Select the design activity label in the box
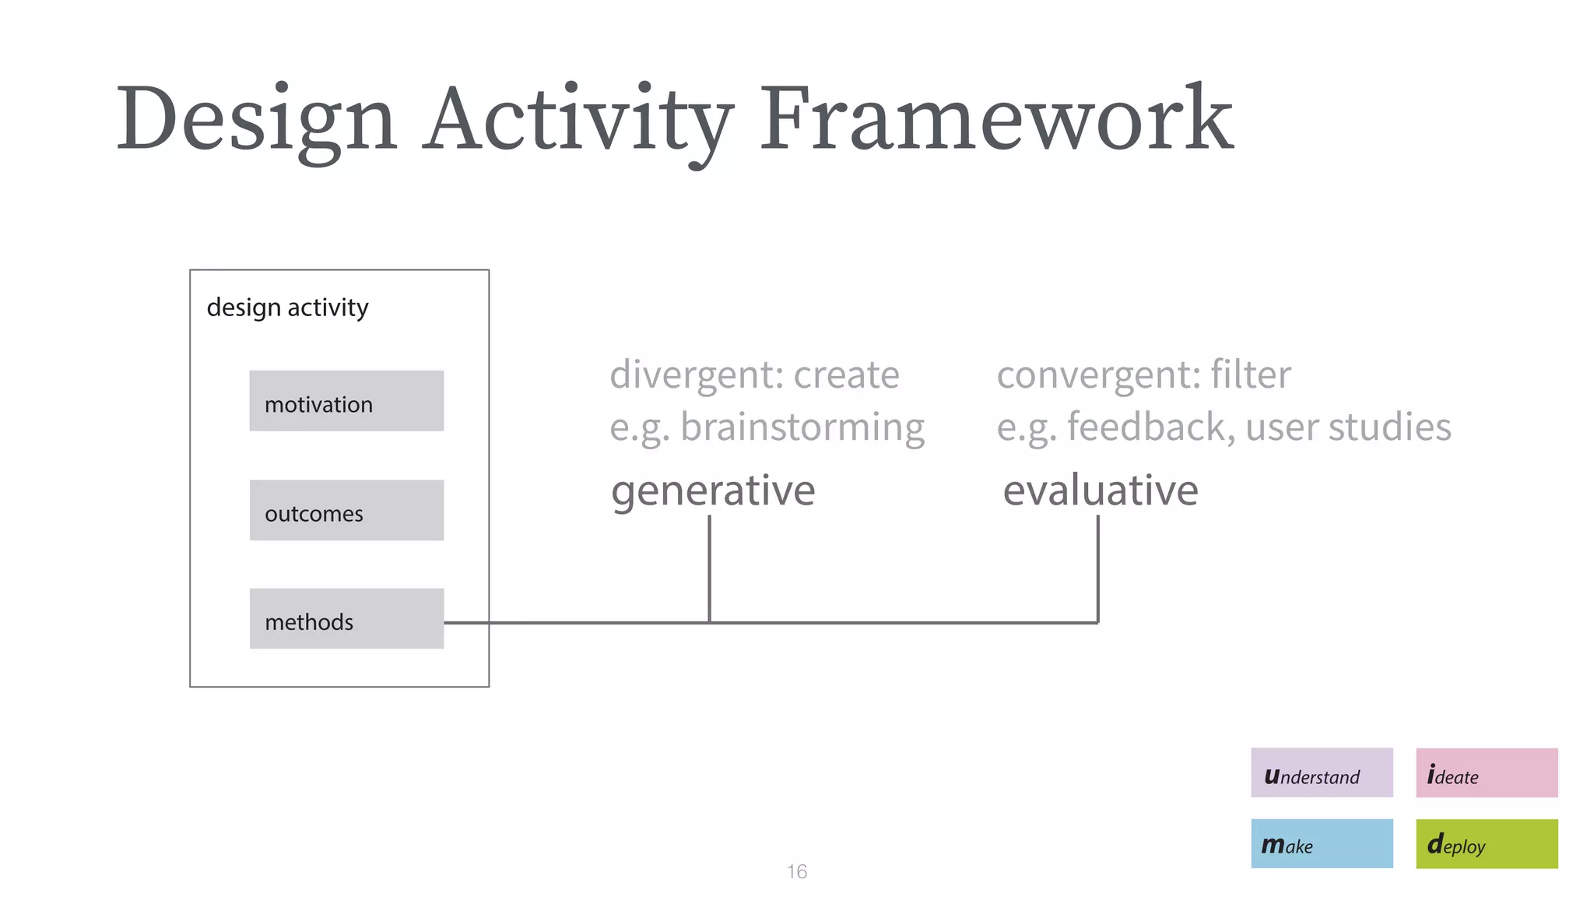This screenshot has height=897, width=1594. tap(287, 308)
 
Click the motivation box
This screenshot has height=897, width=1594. tap(346, 401)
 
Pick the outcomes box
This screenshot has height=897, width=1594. tap(346, 510)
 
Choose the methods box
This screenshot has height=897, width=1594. tap(346, 618)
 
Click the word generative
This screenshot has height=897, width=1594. tap(713, 491)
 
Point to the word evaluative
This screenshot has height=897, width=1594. tap(1100, 491)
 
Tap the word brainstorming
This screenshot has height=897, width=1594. tap(802, 427)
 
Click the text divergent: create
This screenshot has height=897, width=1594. tap(754, 375)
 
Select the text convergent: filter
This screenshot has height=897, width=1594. tap(1143, 375)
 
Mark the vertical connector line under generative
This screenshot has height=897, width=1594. tap(709, 568)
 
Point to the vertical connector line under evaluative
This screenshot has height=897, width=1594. tap(1097, 568)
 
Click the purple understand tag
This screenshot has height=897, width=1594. tap(1322, 772)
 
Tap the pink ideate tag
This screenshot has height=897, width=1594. tap(1487, 772)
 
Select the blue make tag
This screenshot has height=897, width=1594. tap(1322, 843)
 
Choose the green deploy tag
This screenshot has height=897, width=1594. tap(1487, 843)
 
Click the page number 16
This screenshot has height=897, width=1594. tap(796, 871)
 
